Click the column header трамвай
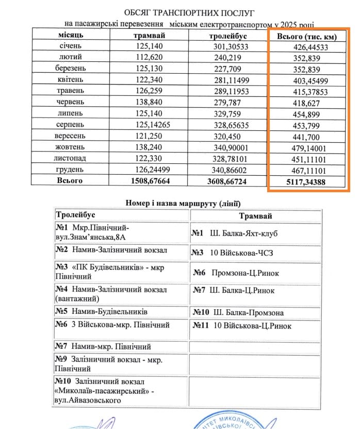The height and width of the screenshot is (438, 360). tap(150, 36)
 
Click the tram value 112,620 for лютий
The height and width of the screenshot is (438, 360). tap(150, 57)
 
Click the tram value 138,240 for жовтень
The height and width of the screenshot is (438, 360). tap(150, 147)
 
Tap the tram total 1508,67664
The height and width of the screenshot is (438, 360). tap(150, 181)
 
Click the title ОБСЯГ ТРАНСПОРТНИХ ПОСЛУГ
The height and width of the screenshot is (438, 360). tap(188, 12)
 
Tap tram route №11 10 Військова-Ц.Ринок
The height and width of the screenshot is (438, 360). tap(242, 326)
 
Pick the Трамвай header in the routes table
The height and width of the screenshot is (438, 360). tap(255, 216)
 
